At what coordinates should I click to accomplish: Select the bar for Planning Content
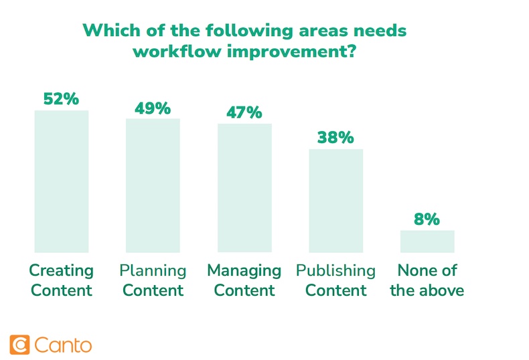click(153, 185)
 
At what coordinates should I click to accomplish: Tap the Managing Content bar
click(244, 187)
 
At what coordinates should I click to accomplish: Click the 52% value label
click(61, 99)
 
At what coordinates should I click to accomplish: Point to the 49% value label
click(153, 108)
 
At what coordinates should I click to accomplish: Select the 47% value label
click(244, 112)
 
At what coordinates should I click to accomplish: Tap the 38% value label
click(335, 138)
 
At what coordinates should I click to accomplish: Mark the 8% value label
click(427, 219)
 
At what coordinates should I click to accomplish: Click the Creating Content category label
click(61, 280)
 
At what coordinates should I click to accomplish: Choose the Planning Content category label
click(153, 280)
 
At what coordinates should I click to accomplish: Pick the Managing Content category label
click(244, 280)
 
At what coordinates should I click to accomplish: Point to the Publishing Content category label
click(335, 280)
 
